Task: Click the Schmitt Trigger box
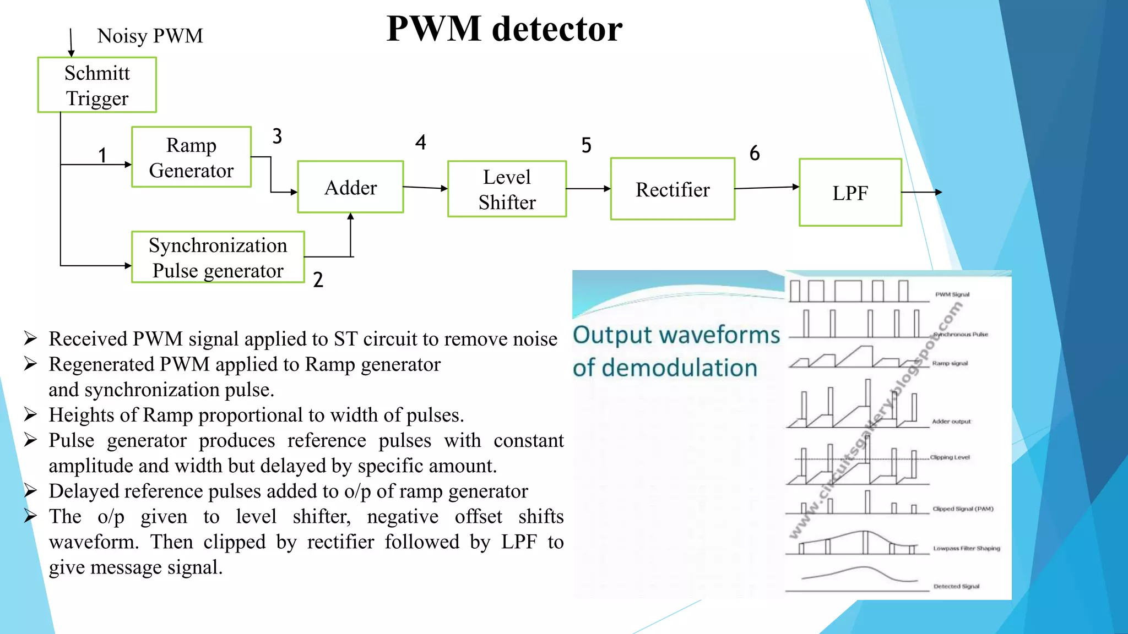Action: click(97, 85)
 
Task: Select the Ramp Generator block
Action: click(191, 157)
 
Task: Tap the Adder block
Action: click(350, 187)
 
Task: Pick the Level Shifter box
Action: click(507, 189)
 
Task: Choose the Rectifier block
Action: click(673, 189)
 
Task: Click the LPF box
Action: click(850, 193)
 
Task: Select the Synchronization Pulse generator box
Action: click(218, 258)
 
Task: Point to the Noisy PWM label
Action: click(150, 36)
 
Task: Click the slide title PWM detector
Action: click(504, 29)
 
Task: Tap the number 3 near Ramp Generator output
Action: click(277, 136)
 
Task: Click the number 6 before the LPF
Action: click(755, 153)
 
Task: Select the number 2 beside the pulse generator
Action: click(318, 280)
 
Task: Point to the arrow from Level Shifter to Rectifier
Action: click(588, 189)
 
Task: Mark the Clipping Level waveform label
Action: click(950, 457)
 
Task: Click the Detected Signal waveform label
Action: click(956, 587)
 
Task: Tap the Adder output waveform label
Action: click(951, 422)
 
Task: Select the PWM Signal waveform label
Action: click(952, 294)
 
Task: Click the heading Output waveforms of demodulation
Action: click(676, 351)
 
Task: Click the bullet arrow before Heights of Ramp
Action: click(30, 414)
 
